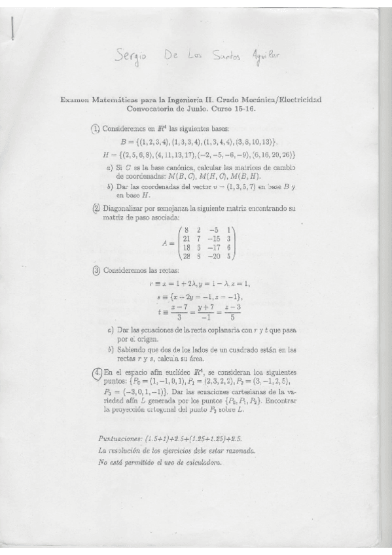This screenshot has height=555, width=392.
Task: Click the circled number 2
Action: click(96, 209)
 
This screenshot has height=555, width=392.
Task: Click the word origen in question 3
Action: click(149, 340)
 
